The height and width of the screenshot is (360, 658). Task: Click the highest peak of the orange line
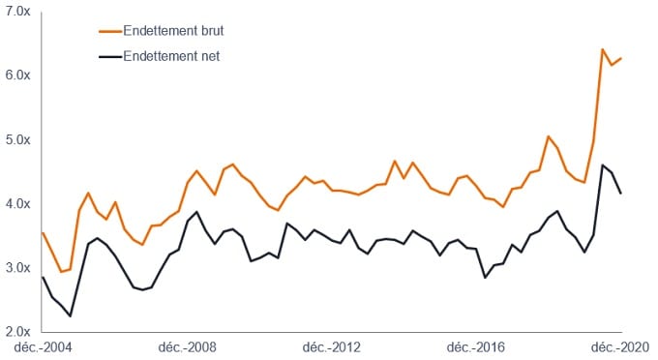(x=602, y=49)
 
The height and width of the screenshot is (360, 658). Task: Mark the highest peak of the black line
(x=602, y=165)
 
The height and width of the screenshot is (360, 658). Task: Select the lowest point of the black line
(x=70, y=316)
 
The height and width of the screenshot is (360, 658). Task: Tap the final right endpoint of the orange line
(x=620, y=58)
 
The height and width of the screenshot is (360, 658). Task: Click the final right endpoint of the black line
(x=620, y=194)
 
